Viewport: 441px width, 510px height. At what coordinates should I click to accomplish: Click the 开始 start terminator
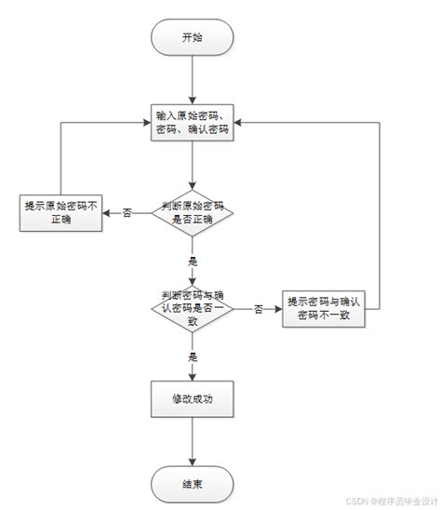(192, 37)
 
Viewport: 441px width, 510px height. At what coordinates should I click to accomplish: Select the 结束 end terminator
(192, 483)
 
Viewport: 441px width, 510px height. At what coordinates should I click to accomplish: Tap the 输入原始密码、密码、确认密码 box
(192, 123)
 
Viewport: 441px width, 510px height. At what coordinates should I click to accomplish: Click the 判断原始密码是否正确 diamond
(192, 213)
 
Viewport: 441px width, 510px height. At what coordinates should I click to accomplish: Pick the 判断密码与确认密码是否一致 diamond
(192, 307)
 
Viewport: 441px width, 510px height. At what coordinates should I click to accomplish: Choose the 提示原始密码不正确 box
(61, 213)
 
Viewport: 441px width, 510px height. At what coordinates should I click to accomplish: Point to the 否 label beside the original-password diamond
(126, 213)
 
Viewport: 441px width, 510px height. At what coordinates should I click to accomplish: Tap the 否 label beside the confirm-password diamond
(258, 308)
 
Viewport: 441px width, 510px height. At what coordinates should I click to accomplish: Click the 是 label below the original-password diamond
(193, 262)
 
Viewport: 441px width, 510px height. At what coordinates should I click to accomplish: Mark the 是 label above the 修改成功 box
(193, 356)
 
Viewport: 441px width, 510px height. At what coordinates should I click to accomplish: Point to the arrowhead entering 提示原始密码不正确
(105, 213)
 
